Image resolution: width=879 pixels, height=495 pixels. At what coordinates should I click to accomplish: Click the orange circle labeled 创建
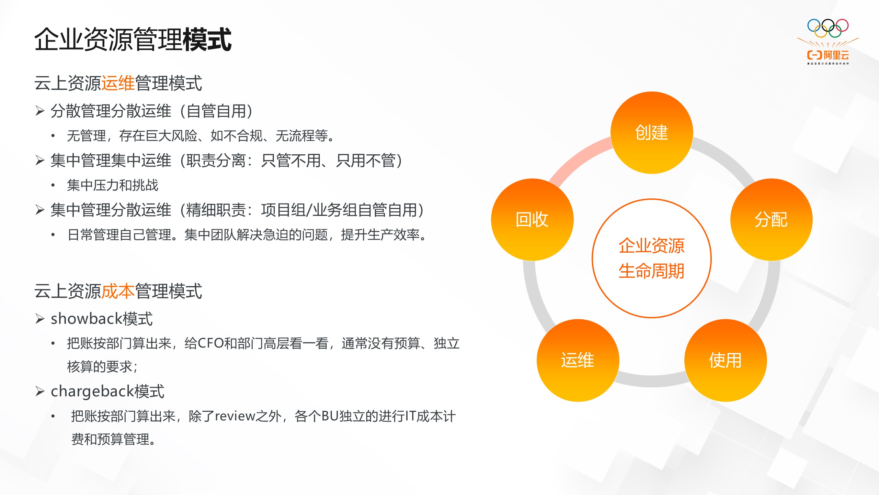[651, 133]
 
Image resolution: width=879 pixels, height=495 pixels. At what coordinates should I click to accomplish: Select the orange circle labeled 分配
[771, 220]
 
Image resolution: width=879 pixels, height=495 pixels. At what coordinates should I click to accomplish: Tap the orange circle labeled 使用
[725, 360]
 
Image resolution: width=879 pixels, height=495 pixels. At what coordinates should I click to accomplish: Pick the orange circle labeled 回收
[532, 220]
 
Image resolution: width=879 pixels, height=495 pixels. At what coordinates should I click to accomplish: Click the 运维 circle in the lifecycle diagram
[578, 360]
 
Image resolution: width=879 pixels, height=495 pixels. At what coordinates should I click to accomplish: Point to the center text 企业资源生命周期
[651, 258]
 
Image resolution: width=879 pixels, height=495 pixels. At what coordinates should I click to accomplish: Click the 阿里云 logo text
[836, 55]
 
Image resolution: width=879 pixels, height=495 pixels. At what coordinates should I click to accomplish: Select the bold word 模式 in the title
[207, 40]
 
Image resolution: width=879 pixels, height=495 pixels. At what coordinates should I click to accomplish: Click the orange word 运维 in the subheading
[118, 83]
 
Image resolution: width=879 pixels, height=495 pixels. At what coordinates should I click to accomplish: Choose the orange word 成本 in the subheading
[118, 291]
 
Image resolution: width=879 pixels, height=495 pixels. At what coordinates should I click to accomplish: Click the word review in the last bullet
[235, 416]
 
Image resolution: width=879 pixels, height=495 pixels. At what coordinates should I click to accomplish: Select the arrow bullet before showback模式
[40, 319]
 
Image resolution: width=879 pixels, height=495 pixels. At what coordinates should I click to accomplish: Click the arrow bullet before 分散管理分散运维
[40, 111]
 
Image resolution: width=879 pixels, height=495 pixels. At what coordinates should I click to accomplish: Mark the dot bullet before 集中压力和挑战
[53, 186]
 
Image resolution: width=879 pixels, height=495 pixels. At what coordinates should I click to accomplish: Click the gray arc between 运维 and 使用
[651, 380]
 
